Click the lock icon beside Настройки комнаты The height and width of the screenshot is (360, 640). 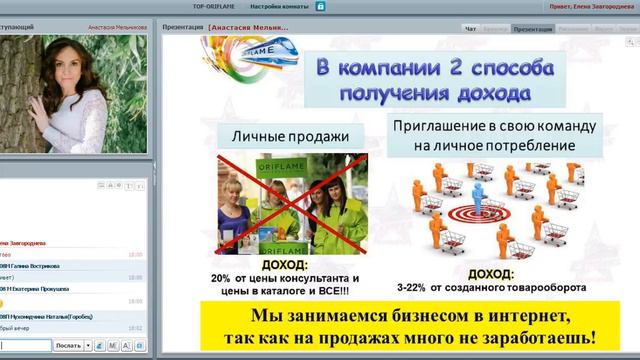[319, 6]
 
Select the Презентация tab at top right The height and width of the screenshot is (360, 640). [532, 29]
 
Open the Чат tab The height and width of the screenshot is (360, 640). [471, 29]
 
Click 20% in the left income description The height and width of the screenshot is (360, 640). [222, 278]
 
